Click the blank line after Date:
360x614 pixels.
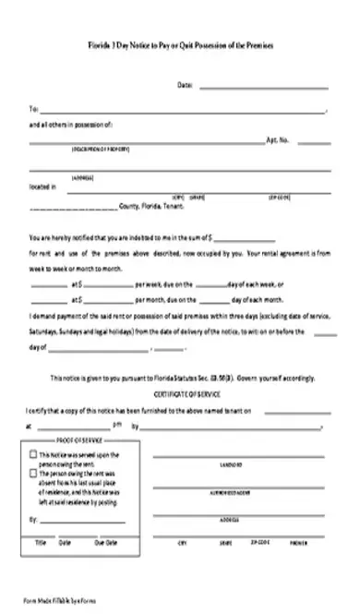click(x=262, y=87)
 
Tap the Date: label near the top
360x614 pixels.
click(x=185, y=86)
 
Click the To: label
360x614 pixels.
click(x=33, y=108)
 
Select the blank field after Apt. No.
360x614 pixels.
click(x=313, y=142)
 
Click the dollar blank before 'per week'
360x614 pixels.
click(x=108, y=286)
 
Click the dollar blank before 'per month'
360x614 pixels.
click(x=108, y=301)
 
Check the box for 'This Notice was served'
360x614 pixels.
click(x=34, y=455)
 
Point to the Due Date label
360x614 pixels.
click(x=100, y=542)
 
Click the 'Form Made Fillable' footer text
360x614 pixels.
click(x=60, y=600)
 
